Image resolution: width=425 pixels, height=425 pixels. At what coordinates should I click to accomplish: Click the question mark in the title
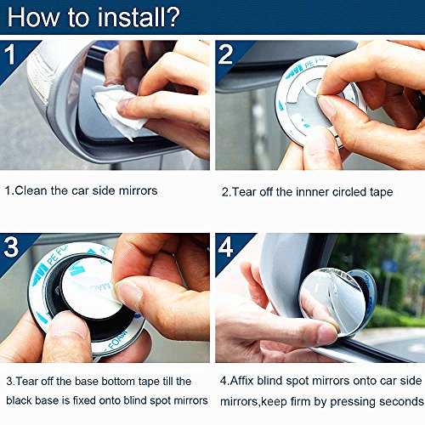pyautogui.click(x=172, y=18)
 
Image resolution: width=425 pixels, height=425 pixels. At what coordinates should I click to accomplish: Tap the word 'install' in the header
pyautogui.click(x=129, y=18)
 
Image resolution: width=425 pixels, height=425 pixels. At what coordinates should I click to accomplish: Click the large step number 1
pyautogui.click(x=10, y=54)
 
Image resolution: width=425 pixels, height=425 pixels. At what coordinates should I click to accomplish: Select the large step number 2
pyautogui.click(x=225, y=54)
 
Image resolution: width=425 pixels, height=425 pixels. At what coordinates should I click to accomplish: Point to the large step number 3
pyautogui.click(x=11, y=247)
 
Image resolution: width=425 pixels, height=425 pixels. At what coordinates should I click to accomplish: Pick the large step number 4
pyautogui.click(x=225, y=247)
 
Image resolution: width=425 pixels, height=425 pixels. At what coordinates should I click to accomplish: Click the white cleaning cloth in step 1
pyautogui.click(x=119, y=110)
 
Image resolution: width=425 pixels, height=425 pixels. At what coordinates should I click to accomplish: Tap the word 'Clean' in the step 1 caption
pyautogui.click(x=31, y=190)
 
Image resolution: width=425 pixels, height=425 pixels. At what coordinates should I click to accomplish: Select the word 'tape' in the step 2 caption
pyautogui.click(x=382, y=193)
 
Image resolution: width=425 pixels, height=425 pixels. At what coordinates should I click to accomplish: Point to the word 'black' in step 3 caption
pyautogui.click(x=19, y=400)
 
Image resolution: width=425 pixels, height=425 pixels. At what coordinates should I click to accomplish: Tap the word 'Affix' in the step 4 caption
pyautogui.click(x=241, y=381)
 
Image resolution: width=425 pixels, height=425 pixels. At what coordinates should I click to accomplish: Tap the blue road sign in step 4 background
pyautogui.click(x=390, y=266)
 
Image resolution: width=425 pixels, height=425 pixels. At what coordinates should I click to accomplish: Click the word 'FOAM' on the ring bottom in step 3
pyautogui.click(x=118, y=340)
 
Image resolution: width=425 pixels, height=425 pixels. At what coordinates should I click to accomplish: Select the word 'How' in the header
pyautogui.click(x=33, y=18)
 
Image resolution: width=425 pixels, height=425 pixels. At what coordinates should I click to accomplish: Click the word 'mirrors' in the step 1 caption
pyautogui.click(x=138, y=190)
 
